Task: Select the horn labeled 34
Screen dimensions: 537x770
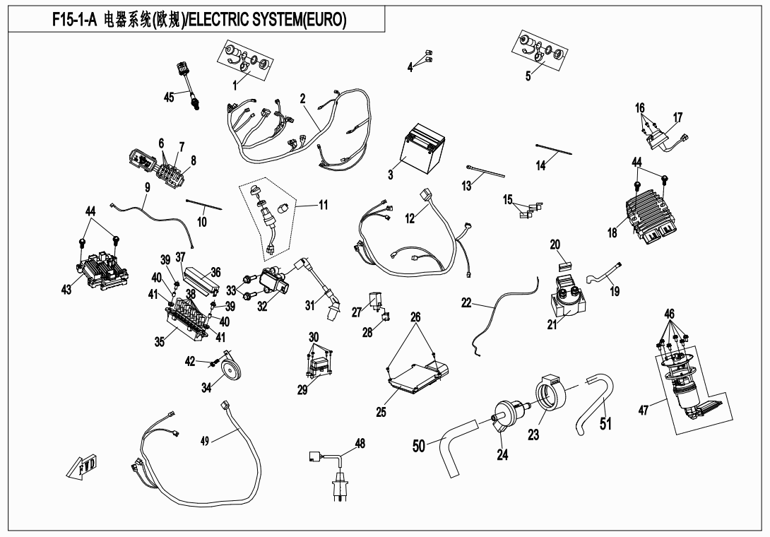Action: click(227, 370)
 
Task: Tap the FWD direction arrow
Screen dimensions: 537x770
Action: click(84, 468)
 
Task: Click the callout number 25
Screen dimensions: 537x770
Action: click(381, 413)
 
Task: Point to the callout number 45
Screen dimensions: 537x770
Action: click(169, 98)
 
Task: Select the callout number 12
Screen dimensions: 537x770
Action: click(410, 219)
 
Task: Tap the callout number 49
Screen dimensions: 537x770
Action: click(204, 441)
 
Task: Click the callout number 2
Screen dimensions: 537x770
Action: click(302, 99)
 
